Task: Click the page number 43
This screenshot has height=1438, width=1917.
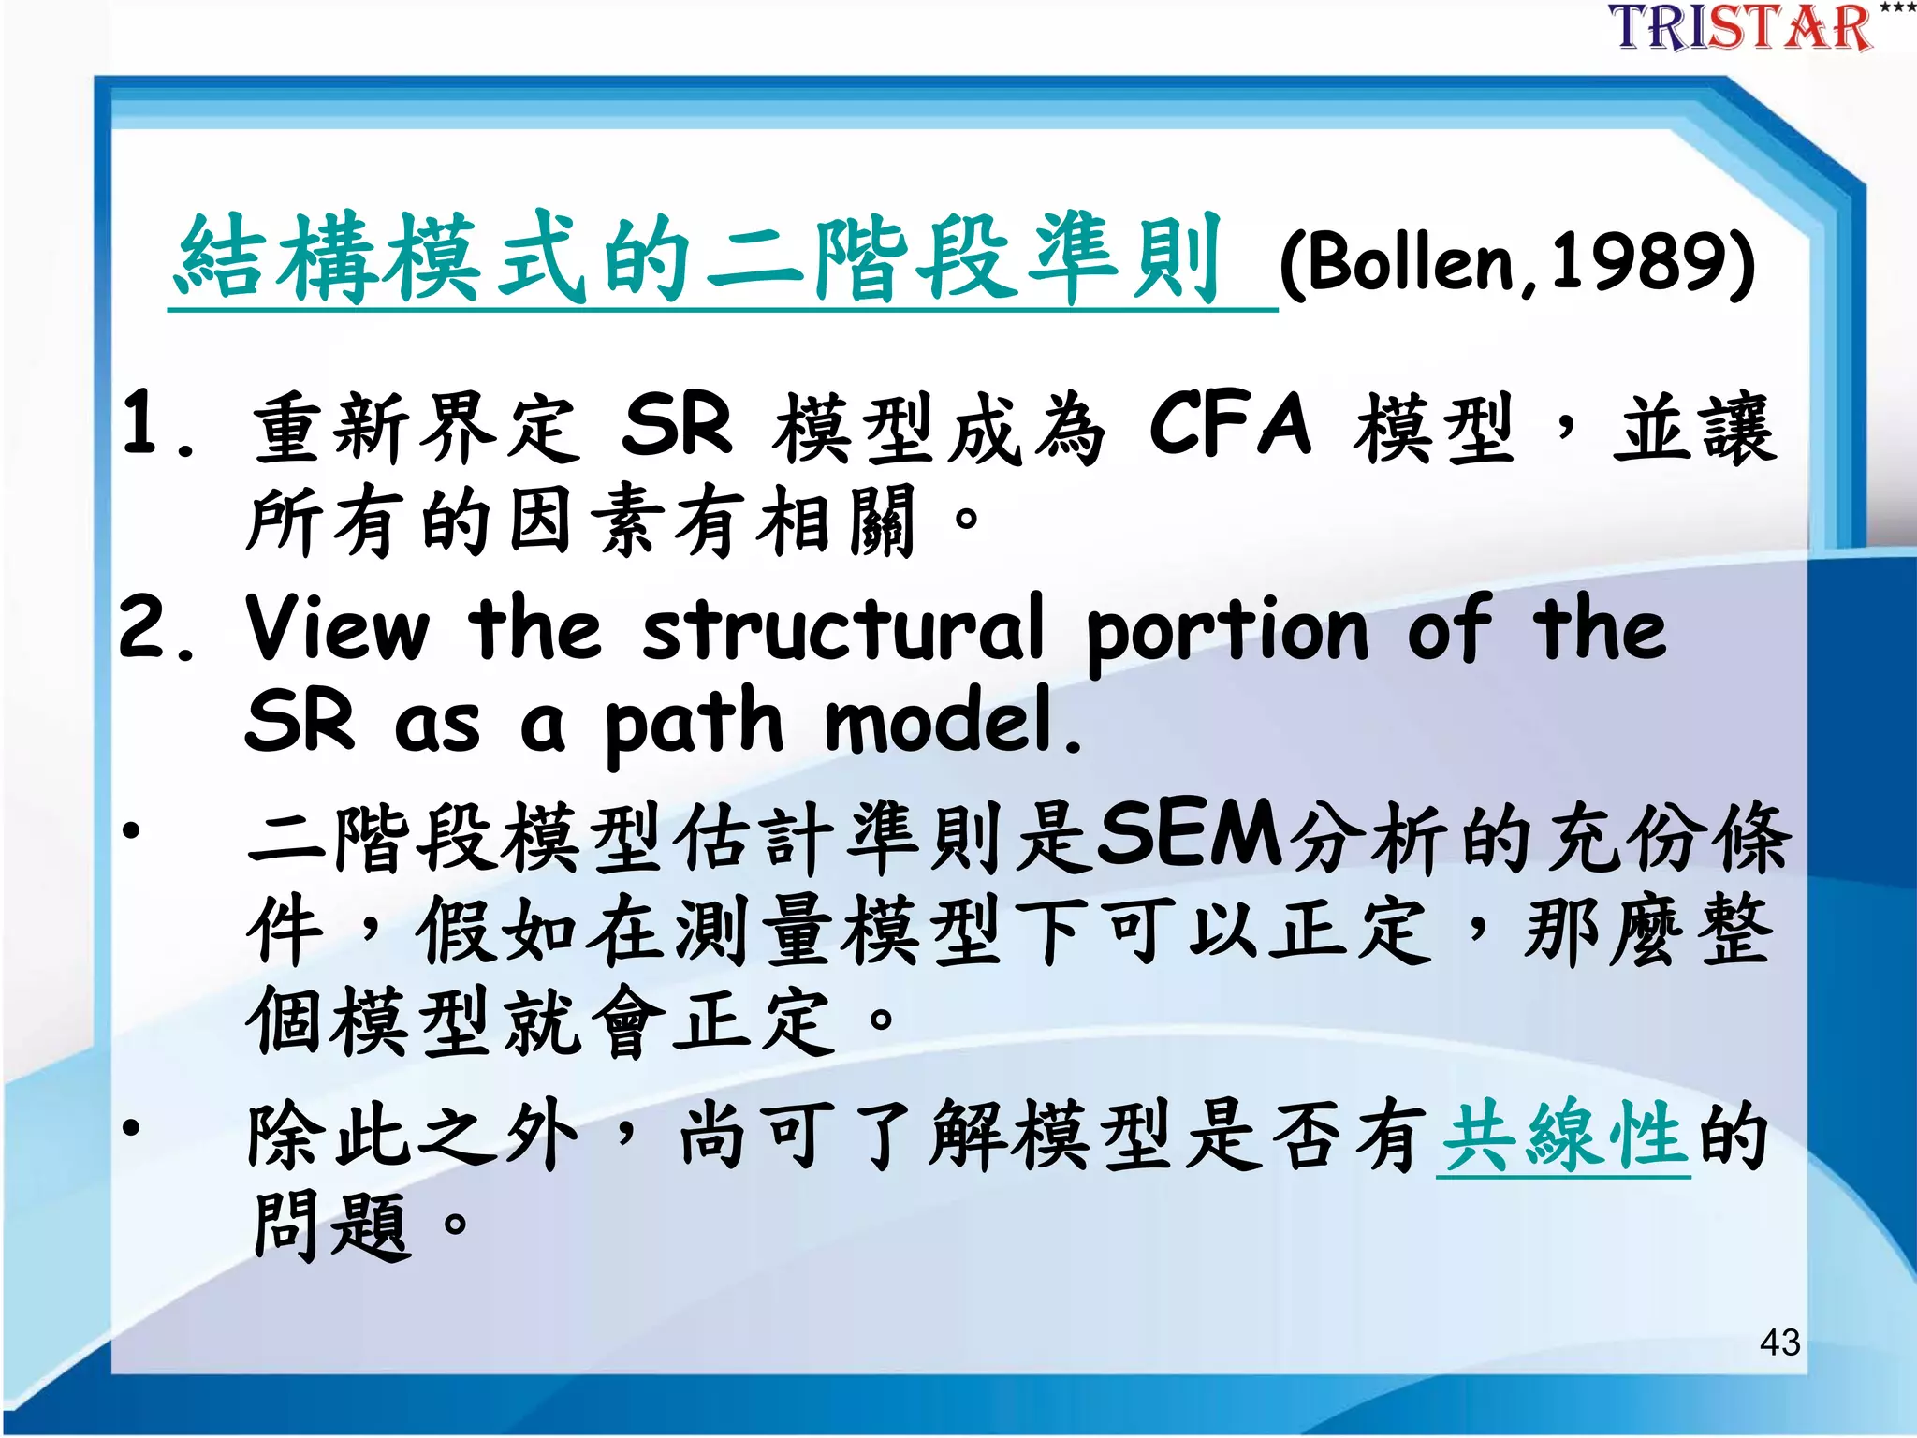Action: click(1779, 1343)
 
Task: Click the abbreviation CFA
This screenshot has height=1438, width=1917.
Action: click(1230, 426)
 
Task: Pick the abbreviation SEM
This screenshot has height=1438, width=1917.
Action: click(1189, 833)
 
